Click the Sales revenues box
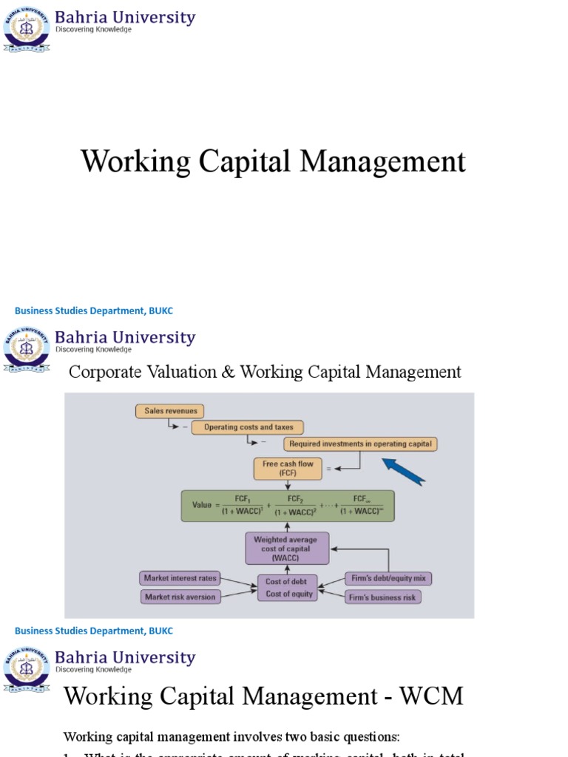pyautogui.click(x=169, y=411)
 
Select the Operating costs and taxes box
pyautogui.click(x=248, y=427)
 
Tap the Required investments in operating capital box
pyautogui.click(x=361, y=444)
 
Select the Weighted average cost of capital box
pyautogui.click(x=287, y=549)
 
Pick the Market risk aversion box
pyautogui.click(x=180, y=597)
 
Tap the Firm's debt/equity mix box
pyautogui.click(x=387, y=578)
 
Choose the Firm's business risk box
pyautogui.click(x=383, y=597)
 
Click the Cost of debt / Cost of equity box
pyautogui.click(x=285, y=588)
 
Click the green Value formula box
pyautogui.click(x=288, y=506)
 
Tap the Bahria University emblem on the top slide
pyautogui.click(x=27, y=27)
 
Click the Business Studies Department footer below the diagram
pyautogui.click(x=94, y=631)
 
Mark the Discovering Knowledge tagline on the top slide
pyautogui.click(x=94, y=30)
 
